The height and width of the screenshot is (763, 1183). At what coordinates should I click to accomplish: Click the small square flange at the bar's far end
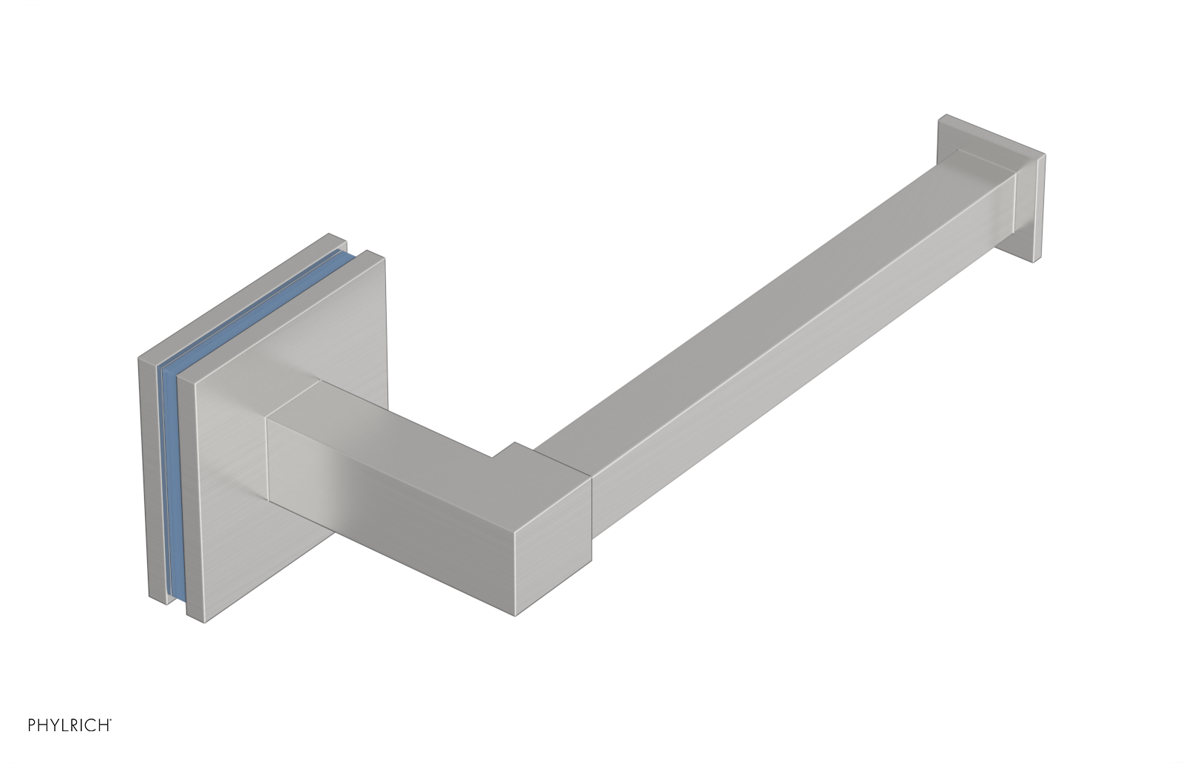click(x=1031, y=207)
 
